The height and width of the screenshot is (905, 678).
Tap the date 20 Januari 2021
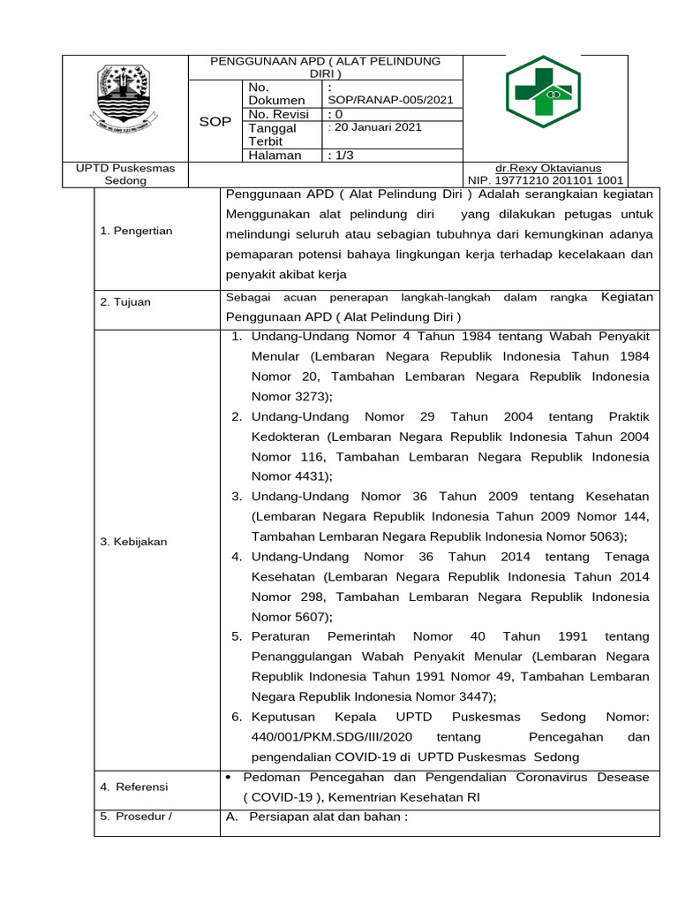[376, 127]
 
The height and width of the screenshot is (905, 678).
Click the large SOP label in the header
[215, 121]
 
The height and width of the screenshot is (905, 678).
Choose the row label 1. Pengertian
[137, 231]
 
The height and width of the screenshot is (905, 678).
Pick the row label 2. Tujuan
[125, 301]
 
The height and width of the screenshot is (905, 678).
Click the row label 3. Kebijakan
[133, 541]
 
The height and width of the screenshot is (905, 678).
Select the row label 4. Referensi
[134, 787]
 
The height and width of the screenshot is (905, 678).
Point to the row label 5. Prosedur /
[136, 816]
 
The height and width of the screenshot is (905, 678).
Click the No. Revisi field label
[279, 114]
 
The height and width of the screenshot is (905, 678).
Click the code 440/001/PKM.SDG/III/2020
[330, 736]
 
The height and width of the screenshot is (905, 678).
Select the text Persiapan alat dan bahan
[328, 817]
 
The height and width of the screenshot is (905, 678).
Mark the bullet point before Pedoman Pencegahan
[229, 777]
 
